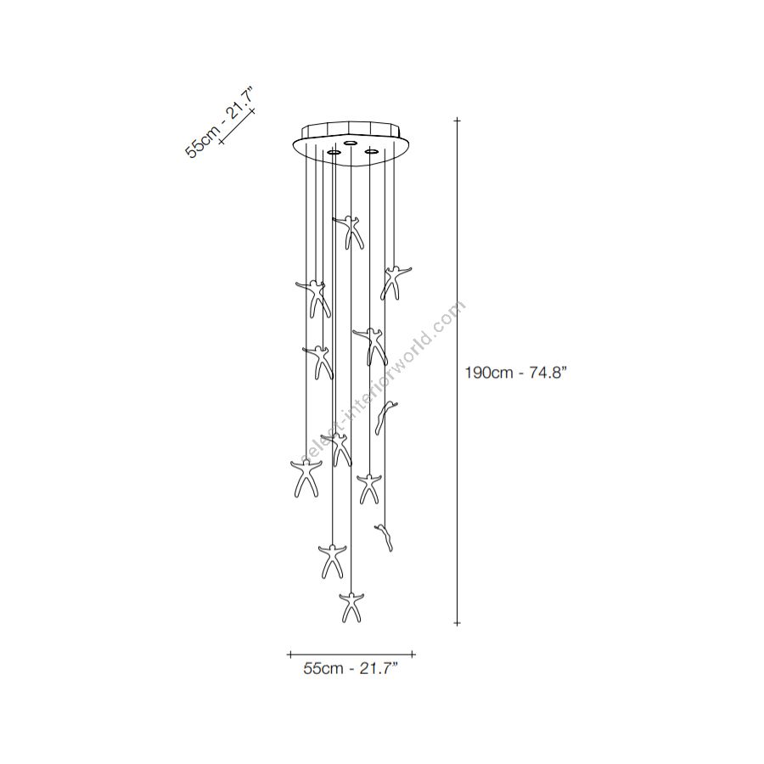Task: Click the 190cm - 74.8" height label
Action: [516, 374]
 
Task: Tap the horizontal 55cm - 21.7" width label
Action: [351, 669]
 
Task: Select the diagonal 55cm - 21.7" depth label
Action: [219, 122]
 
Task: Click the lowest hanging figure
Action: [351, 607]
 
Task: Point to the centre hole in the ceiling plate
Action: [350, 143]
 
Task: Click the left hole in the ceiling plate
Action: [334, 153]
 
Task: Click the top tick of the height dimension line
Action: [457, 120]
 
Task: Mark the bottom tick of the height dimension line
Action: [457, 623]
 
